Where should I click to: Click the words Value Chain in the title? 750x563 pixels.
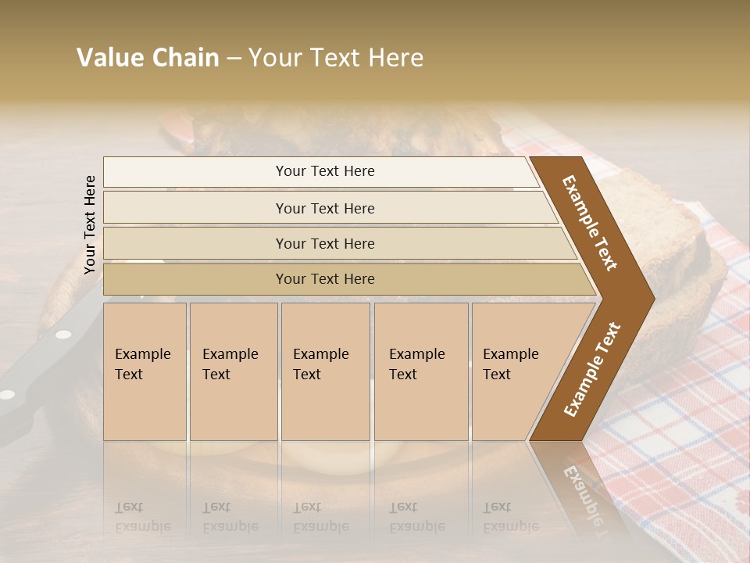pos(148,58)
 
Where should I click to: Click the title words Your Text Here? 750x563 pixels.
pos(336,58)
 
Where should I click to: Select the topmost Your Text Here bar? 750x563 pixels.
pos(324,171)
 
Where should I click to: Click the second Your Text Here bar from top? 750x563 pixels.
pos(324,208)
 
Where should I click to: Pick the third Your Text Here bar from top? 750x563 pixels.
pos(324,243)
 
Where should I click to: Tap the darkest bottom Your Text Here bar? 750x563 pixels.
pos(324,279)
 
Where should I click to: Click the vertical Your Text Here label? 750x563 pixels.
pos(90,225)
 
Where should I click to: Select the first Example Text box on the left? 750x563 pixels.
pos(145,371)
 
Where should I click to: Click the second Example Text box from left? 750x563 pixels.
pos(233,371)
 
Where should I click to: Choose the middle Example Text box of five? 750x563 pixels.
pos(325,371)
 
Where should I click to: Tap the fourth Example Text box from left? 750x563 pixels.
pos(421,371)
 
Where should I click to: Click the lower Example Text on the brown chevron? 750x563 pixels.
pos(591,369)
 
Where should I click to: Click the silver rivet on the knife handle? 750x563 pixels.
pos(62,335)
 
